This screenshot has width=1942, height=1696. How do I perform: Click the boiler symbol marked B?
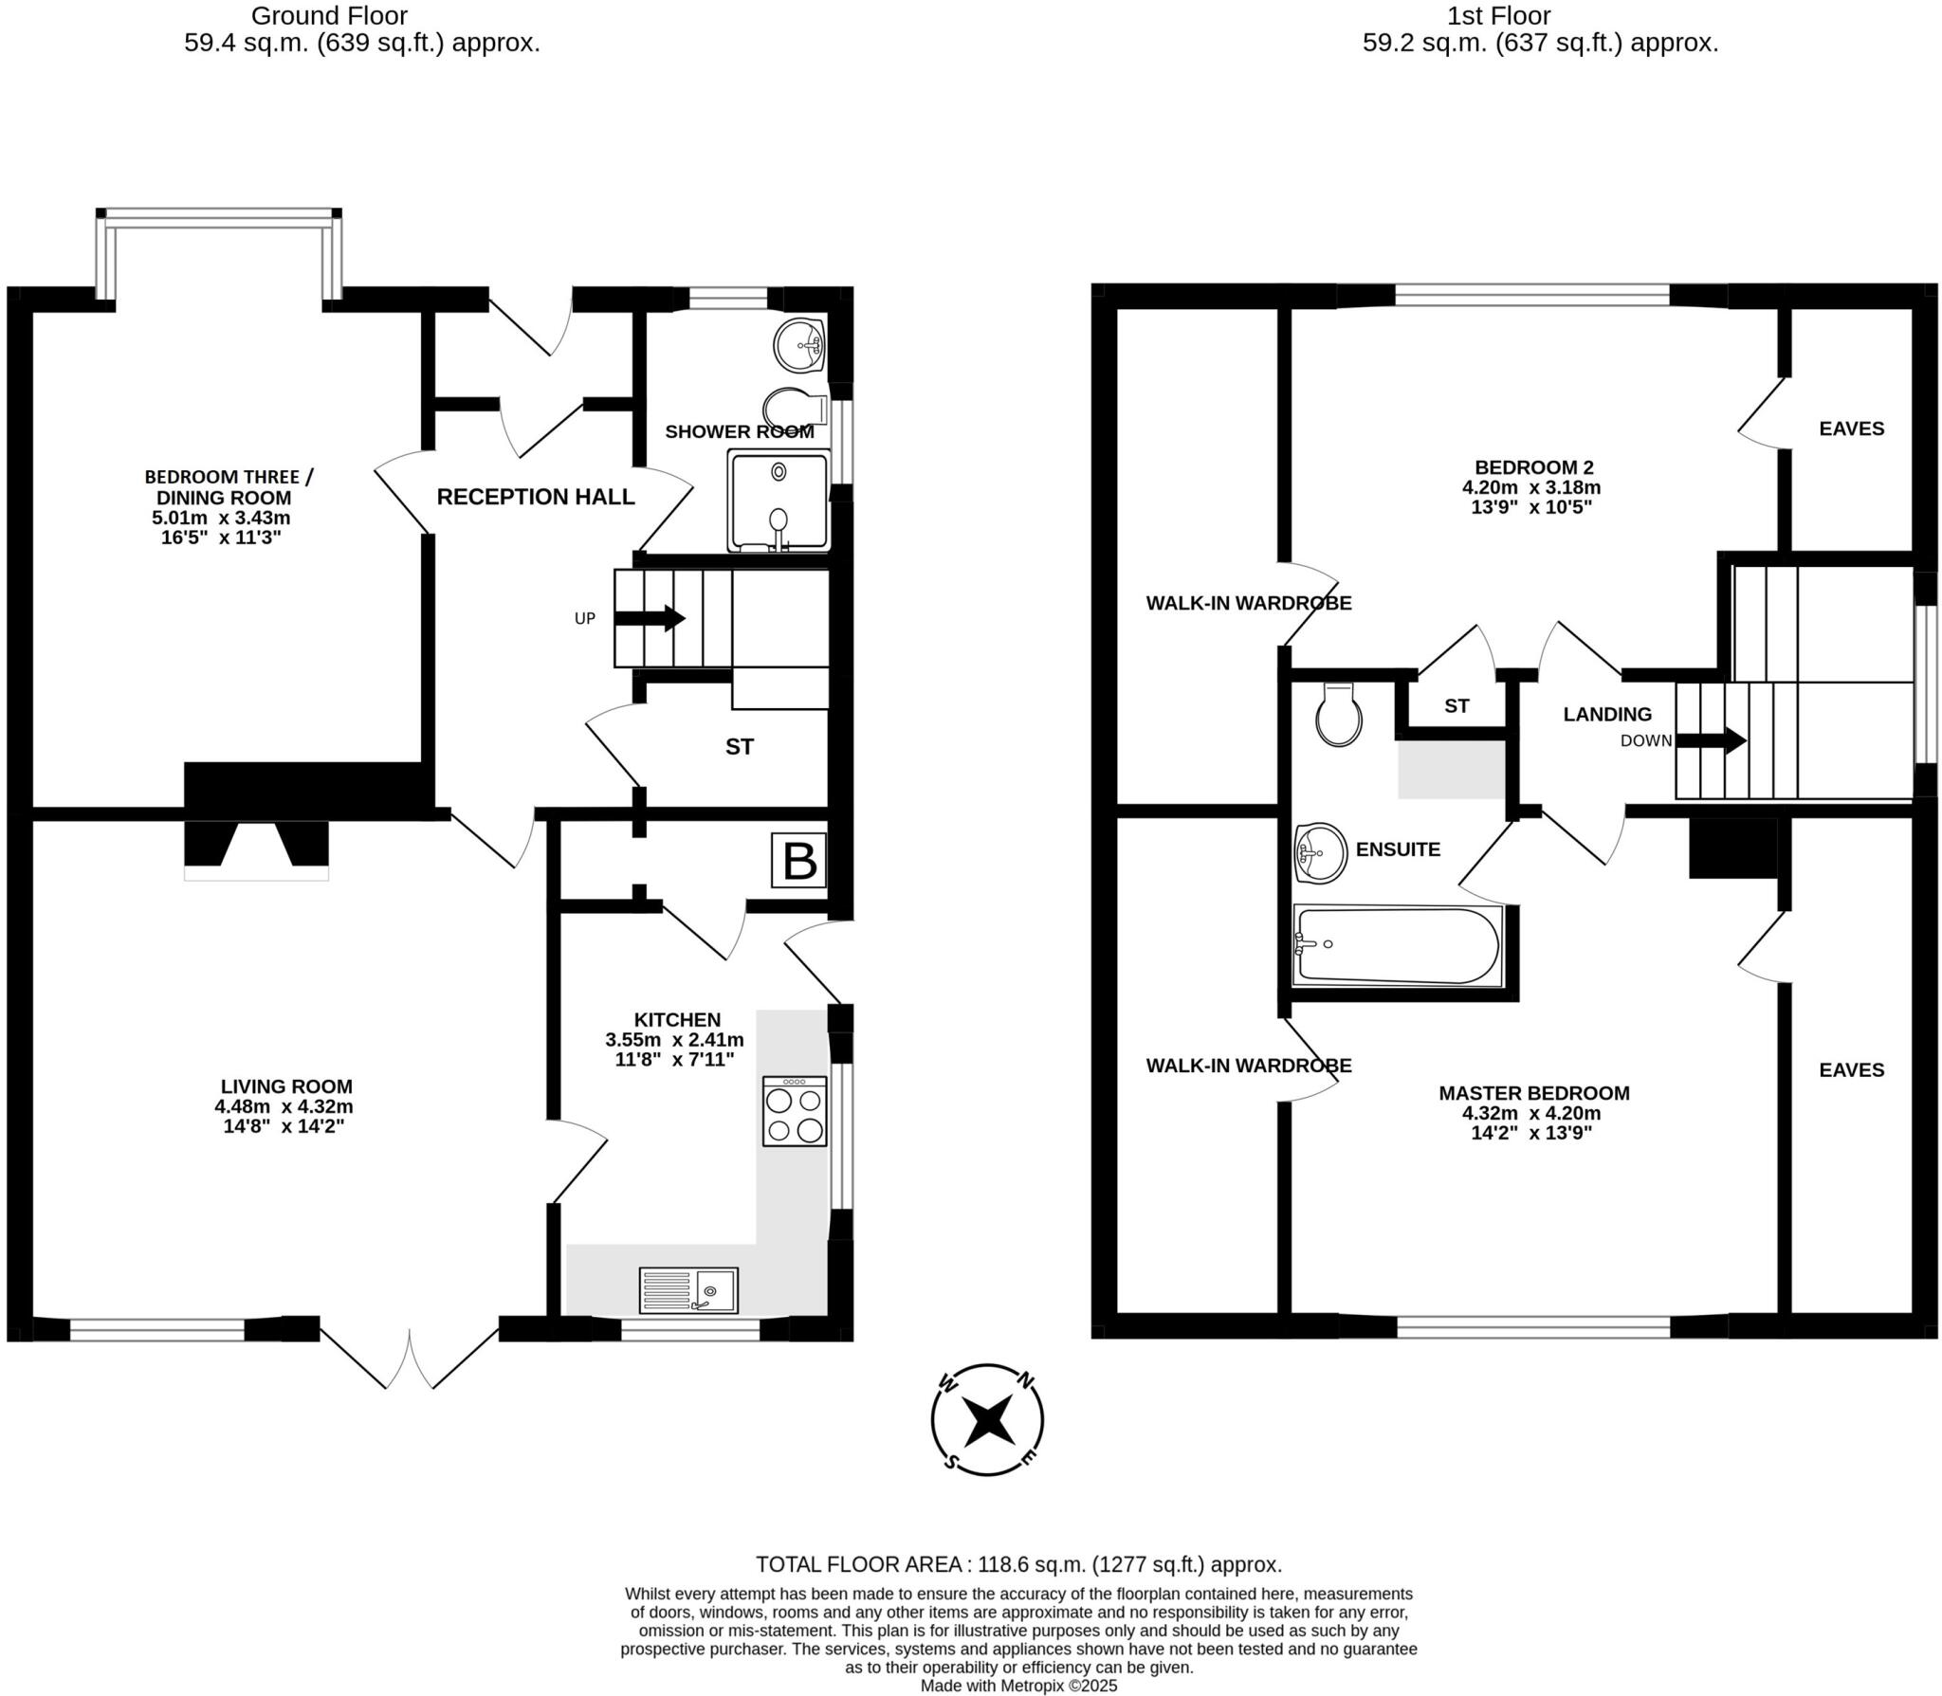[798, 861]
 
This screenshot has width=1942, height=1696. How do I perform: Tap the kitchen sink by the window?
[688, 1290]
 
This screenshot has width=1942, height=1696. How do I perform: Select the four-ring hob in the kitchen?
[795, 1113]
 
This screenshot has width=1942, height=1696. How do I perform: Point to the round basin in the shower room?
[799, 345]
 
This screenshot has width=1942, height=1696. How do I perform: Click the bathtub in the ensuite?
[1397, 945]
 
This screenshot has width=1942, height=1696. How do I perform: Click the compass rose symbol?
[987, 1419]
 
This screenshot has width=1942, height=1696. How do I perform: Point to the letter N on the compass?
[1026, 1381]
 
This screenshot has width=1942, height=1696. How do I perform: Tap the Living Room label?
[286, 1086]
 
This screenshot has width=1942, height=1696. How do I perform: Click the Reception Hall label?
[535, 497]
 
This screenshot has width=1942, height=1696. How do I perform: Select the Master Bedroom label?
[1533, 1093]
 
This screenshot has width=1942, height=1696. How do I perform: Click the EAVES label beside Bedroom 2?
[1851, 429]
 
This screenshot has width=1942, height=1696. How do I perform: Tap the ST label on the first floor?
[1456, 705]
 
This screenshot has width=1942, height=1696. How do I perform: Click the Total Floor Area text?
[1018, 1564]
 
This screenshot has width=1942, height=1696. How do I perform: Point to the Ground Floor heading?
[329, 16]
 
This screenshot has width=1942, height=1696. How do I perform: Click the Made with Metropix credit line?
[1018, 1686]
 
